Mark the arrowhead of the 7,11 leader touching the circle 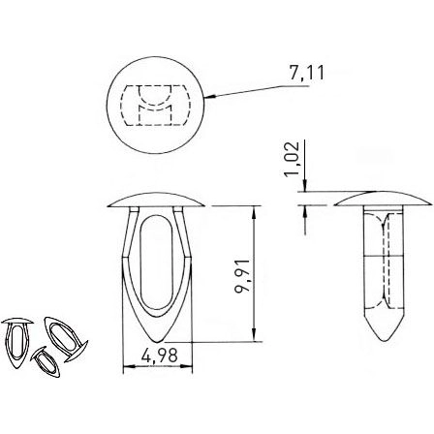click(x=206, y=98)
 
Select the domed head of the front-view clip click(x=155, y=199)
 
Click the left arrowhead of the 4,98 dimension click(x=126, y=368)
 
